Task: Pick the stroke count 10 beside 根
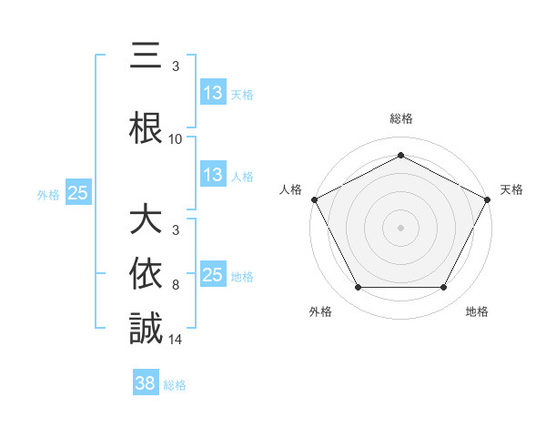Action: (x=176, y=139)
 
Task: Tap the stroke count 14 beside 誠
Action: (x=176, y=341)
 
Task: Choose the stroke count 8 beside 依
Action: (x=176, y=285)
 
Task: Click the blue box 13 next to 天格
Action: (x=212, y=93)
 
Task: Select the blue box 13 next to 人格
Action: (x=212, y=175)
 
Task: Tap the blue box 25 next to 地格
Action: (x=212, y=275)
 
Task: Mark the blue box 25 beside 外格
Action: (x=77, y=193)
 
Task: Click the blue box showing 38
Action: (x=146, y=384)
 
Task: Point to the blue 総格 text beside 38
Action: (x=176, y=385)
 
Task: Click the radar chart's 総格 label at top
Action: (x=400, y=118)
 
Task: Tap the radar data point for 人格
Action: (x=314, y=199)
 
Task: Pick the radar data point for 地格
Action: (x=443, y=288)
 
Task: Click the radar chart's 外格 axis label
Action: (x=320, y=311)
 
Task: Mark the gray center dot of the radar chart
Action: (x=400, y=227)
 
